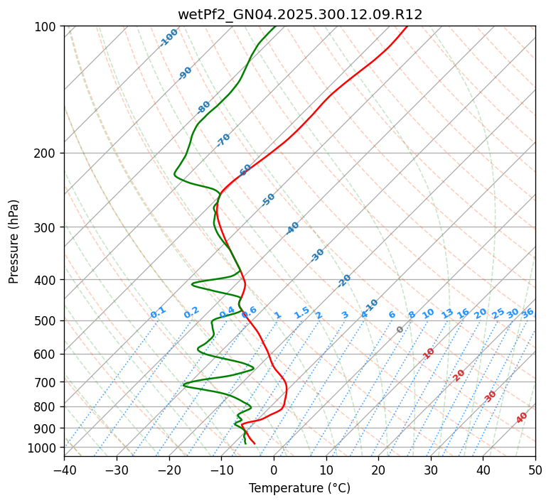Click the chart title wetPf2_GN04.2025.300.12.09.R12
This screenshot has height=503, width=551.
point(299,14)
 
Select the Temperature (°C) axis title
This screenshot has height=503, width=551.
point(299,488)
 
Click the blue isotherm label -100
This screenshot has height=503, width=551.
point(168,38)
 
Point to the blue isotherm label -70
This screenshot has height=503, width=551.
point(223,140)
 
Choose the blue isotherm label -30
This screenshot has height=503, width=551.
point(317,255)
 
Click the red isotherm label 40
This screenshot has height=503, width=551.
point(522,418)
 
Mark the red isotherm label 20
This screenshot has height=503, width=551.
point(459,374)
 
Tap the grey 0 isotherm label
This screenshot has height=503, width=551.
point(400,330)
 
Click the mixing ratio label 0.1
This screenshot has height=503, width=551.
point(158,312)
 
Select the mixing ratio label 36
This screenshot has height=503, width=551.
point(528,313)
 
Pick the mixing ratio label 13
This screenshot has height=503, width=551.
point(447,313)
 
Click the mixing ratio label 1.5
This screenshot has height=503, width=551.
point(301,312)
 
